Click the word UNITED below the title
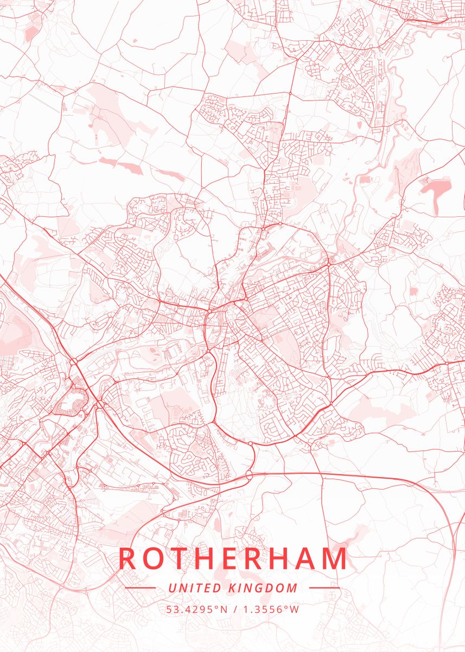click(x=195, y=588)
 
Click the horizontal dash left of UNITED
click(x=140, y=588)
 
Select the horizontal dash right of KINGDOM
click(x=324, y=588)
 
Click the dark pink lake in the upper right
click(x=436, y=188)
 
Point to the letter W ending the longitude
click(x=295, y=609)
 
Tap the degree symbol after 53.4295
click(x=216, y=606)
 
